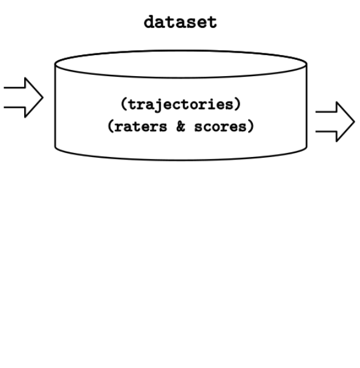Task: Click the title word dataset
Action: pyautogui.click(x=180, y=22)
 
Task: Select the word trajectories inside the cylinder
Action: pyautogui.click(x=181, y=105)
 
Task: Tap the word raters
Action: pyautogui.click(x=140, y=127)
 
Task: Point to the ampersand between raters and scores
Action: pyautogui.click(x=180, y=126)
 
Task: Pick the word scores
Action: pyautogui.click(x=220, y=127)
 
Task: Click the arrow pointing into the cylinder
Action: pyautogui.click(x=24, y=97)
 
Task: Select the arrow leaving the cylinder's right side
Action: pyautogui.click(x=335, y=121)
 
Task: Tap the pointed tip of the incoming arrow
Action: pyautogui.click(x=43, y=97)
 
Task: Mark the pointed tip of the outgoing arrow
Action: pyautogui.click(x=355, y=121)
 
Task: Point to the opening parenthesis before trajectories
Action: pyautogui.click(x=124, y=104)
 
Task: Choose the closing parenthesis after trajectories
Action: pyautogui.click(x=238, y=104)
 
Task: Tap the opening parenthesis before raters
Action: pyautogui.click(x=111, y=126)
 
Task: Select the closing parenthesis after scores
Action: pyautogui.click(x=250, y=126)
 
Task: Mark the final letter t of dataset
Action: pyautogui.click(x=212, y=22)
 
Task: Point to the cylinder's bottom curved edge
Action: pyautogui.click(x=181, y=160)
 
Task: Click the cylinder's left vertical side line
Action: pyautogui.click(x=55, y=105)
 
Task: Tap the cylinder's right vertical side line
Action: pyautogui.click(x=307, y=105)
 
